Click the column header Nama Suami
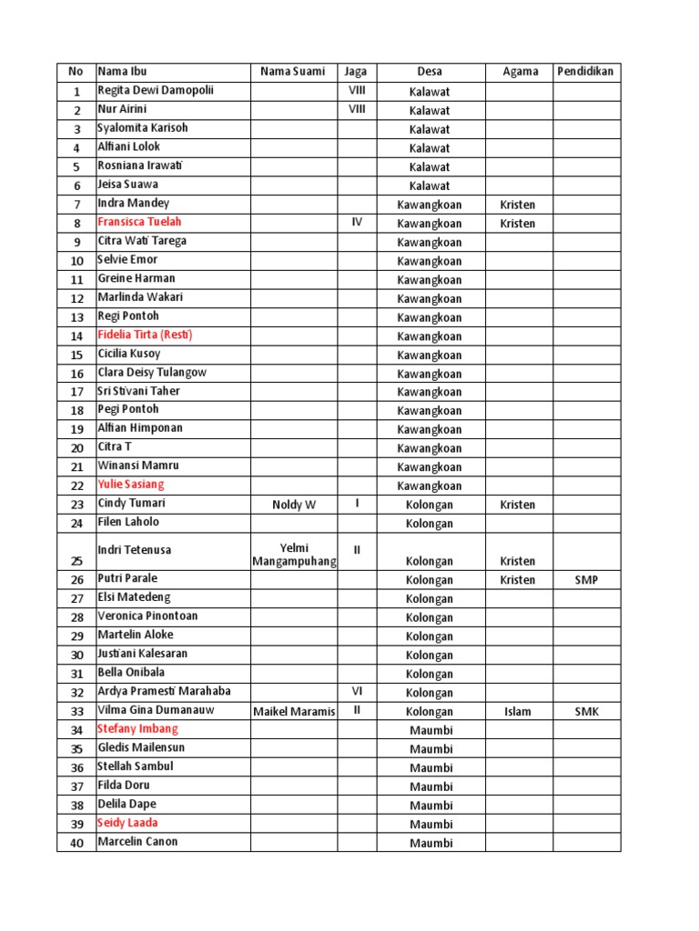point(292,72)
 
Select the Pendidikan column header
point(586,72)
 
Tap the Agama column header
point(519,72)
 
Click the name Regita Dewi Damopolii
point(161,91)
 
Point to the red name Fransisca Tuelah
point(139,222)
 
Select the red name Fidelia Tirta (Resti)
point(145,335)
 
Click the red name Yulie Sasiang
point(131,485)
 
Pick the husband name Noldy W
point(294,505)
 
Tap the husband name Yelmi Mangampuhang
point(294,554)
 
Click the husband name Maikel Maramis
point(294,711)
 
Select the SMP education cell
point(586,580)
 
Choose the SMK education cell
point(586,711)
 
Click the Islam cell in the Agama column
point(518,712)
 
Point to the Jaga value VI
point(357,691)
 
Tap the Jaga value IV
point(357,222)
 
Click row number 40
point(76,843)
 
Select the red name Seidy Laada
point(127,823)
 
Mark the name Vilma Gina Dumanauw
point(157,710)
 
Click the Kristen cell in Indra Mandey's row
point(518,205)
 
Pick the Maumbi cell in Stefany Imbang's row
point(431,730)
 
